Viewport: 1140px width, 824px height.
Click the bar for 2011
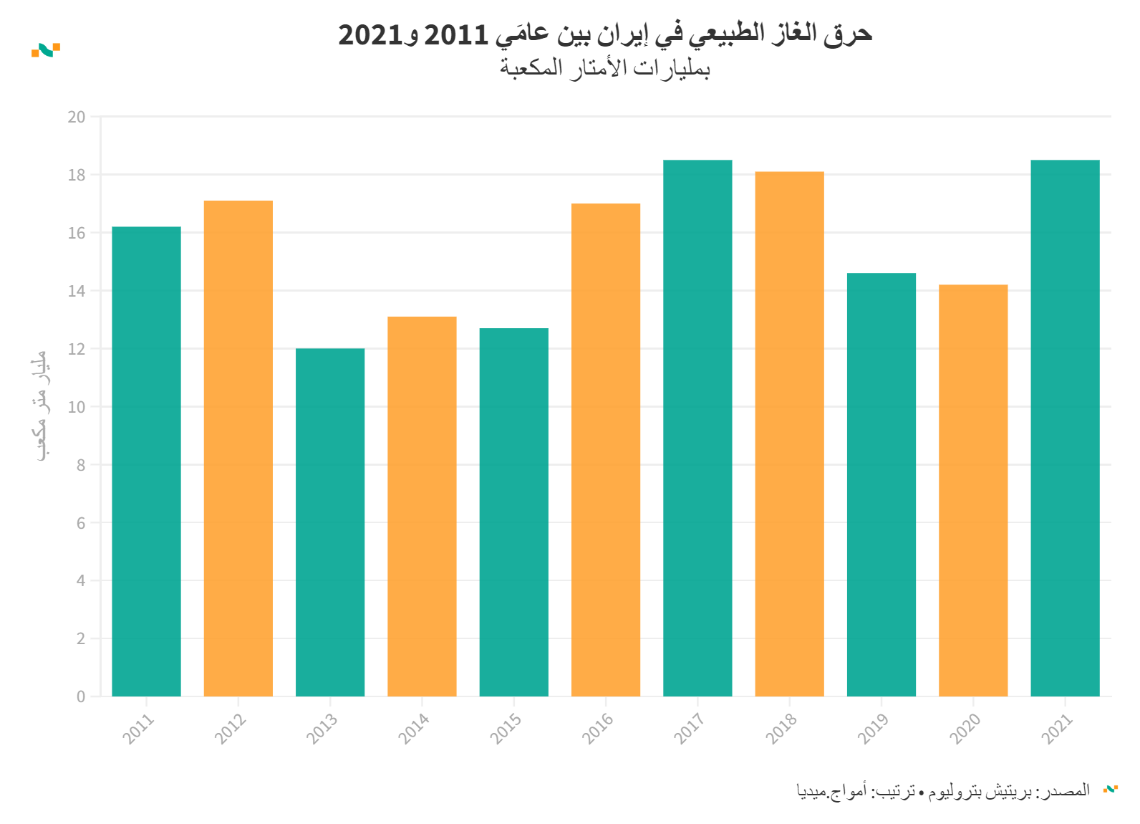tap(146, 461)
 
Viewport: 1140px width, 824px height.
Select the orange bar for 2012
tap(238, 449)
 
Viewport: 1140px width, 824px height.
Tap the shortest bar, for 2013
tap(330, 522)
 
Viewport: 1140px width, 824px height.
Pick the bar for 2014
tap(422, 507)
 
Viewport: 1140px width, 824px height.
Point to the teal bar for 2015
tap(514, 512)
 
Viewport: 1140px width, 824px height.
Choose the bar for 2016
tap(606, 450)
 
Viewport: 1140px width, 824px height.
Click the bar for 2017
tap(697, 428)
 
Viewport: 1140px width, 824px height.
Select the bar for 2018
tap(789, 434)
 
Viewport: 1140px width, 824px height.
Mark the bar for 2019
tap(881, 484)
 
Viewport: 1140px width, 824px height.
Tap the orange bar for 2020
tap(973, 490)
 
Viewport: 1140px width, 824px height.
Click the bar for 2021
tap(1065, 428)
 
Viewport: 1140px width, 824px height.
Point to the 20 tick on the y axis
tap(77, 117)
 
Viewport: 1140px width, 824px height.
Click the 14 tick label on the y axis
tap(77, 291)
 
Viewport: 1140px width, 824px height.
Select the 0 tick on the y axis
tap(81, 696)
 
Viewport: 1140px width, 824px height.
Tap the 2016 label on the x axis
tap(598, 728)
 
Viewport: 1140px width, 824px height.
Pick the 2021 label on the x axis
tap(1057, 728)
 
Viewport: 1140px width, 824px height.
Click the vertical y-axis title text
tap(42, 406)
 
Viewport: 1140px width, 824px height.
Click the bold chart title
tap(605, 34)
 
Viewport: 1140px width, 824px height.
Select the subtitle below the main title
tap(605, 69)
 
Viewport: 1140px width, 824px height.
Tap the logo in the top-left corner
tap(46, 50)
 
